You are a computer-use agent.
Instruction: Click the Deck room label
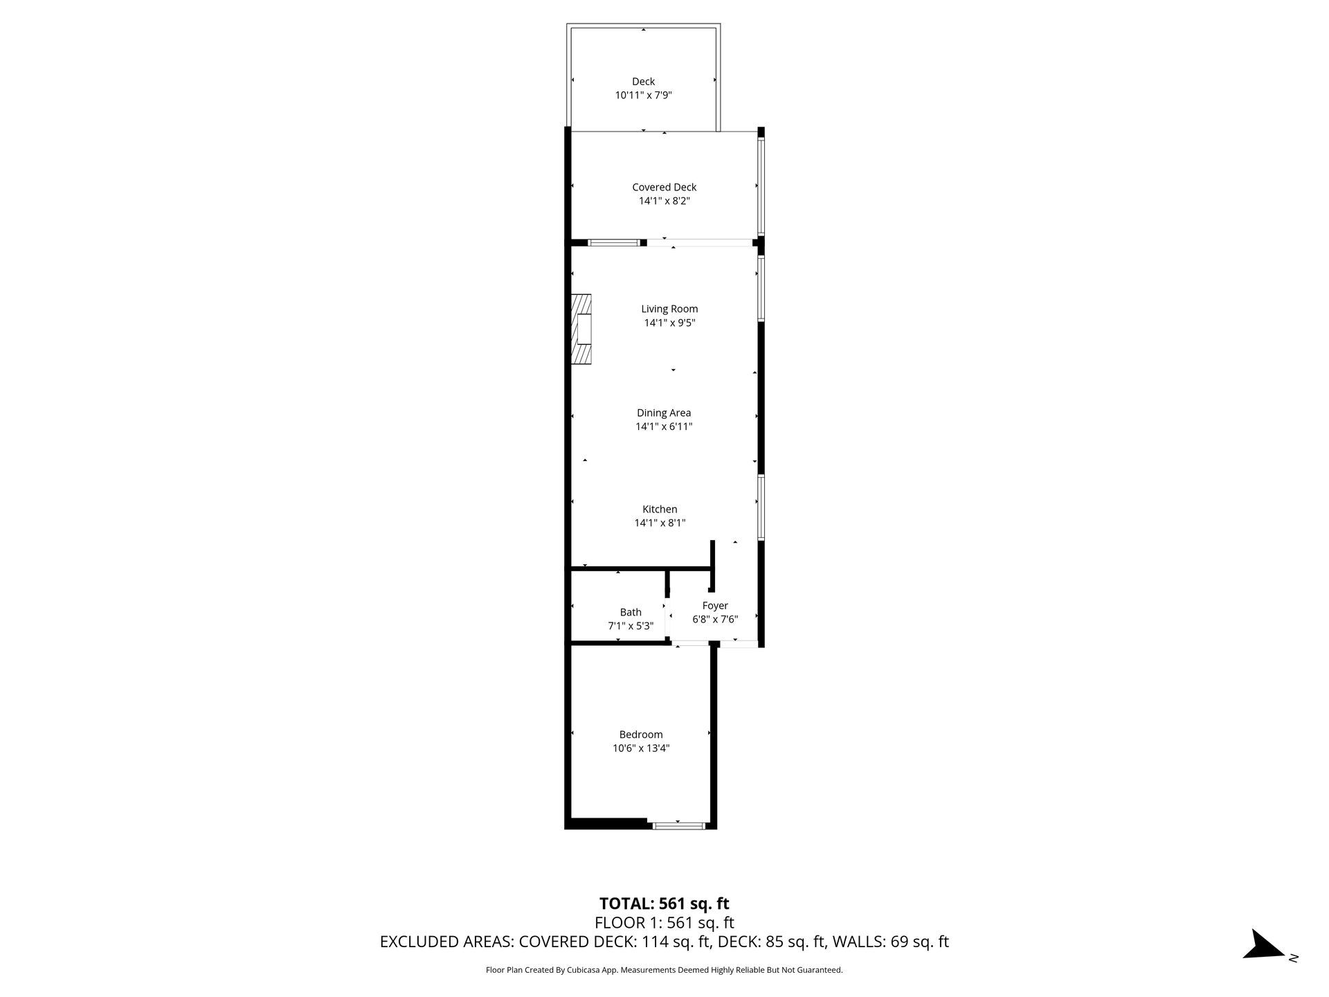click(643, 82)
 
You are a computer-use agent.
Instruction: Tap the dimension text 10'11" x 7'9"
click(643, 96)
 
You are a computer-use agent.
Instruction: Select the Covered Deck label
click(664, 187)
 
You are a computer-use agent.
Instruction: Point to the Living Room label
click(669, 309)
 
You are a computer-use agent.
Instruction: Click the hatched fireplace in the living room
click(581, 329)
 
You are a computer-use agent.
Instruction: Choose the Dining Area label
click(664, 413)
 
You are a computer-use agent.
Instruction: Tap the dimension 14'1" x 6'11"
click(664, 426)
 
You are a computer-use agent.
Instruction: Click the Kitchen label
click(660, 509)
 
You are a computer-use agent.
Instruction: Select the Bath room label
click(631, 612)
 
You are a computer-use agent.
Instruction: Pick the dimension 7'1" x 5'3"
click(631, 626)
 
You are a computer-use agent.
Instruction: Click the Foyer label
click(715, 606)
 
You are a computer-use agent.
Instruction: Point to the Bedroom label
click(641, 735)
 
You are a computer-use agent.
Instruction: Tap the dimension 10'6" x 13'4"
click(641, 748)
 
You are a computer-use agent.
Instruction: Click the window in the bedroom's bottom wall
click(678, 825)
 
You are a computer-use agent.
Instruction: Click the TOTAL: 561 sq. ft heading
click(664, 904)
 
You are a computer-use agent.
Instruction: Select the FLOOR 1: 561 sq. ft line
click(664, 923)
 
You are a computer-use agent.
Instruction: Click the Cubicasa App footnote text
click(664, 970)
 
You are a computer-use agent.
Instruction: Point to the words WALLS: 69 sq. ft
click(890, 942)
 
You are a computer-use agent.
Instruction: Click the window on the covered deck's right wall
click(761, 186)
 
